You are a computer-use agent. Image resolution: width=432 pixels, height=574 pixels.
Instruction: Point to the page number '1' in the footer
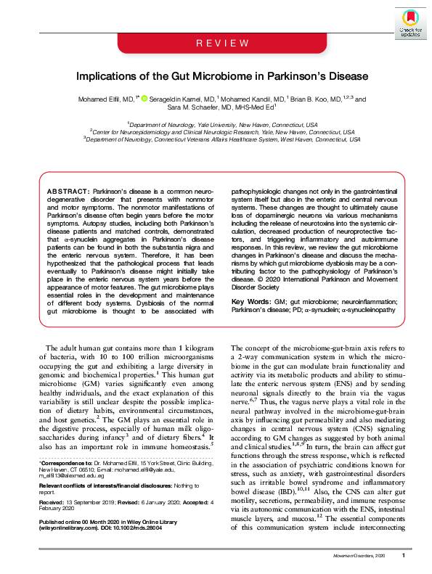pos(403,555)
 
